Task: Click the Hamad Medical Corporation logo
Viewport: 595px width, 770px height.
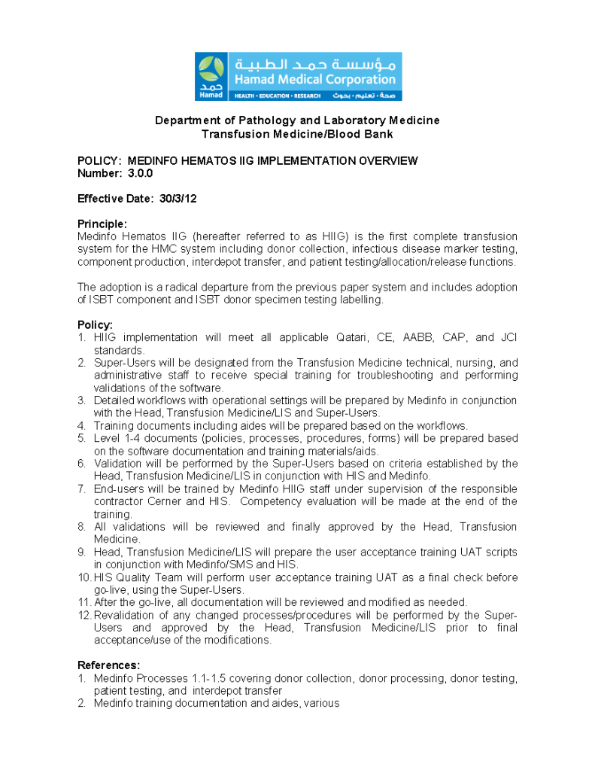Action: (298, 76)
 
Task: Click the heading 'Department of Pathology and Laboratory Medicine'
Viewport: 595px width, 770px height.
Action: (297, 120)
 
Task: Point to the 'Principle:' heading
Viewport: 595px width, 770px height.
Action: (102, 224)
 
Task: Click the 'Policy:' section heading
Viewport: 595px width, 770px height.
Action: (95, 325)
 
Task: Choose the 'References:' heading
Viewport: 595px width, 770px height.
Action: (108, 665)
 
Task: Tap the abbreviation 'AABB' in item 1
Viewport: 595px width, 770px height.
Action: (417, 337)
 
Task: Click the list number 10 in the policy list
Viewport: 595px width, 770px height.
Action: (84, 577)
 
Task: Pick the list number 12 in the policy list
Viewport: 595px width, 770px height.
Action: (84, 615)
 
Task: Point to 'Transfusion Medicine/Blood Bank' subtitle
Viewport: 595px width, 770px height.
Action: (297, 134)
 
